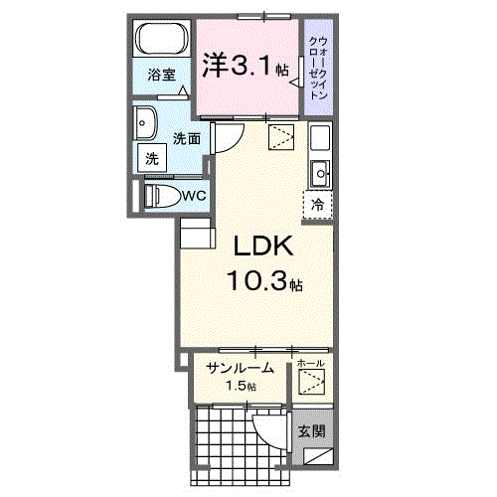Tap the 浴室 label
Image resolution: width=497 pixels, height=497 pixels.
point(161,75)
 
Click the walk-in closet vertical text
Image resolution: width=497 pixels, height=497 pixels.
point(318,68)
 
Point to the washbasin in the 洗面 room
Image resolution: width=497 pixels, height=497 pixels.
point(145,123)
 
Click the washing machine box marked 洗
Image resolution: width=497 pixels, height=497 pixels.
point(152,158)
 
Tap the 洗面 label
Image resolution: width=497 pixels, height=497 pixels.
point(187,138)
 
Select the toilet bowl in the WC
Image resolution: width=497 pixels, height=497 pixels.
point(165,196)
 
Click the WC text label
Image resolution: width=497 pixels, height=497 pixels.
point(195,196)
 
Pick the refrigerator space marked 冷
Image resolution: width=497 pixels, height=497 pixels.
point(317,205)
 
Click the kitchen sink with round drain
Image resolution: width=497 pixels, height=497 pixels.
point(320,174)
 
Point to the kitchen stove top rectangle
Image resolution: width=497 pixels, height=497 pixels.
point(320,137)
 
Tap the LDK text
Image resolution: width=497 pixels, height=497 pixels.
point(263,246)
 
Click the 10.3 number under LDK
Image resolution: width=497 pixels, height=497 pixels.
point(256,280)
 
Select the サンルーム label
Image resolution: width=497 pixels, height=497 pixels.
point(240,368)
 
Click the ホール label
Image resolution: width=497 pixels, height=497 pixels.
point(310,364)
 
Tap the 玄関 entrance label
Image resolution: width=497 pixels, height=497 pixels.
point(311,431)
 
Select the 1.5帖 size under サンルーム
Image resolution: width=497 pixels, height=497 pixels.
point(241,386)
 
